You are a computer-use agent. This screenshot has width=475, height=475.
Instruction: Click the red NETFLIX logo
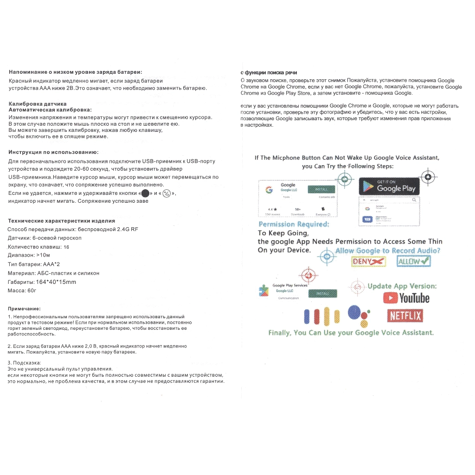coord(404,316)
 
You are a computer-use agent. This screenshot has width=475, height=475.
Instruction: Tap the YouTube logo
coord(406,298)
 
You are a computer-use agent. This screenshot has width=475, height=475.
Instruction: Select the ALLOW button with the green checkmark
coord(414,262)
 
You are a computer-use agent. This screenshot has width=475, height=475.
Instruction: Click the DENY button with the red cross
coord(369,262)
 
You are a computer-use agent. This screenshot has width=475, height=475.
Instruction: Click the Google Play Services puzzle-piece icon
coord(263,291)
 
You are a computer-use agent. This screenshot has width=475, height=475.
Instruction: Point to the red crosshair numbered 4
coord(308,276)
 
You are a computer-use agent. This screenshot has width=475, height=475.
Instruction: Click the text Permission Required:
coord(294,224)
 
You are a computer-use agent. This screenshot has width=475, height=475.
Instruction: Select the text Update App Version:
coord(402,286)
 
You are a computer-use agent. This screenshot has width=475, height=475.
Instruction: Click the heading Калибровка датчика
coord(38,104)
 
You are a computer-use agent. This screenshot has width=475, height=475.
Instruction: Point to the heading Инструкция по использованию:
coord(53,152)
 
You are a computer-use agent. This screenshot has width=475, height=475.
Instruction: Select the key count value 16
coord(66,247)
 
